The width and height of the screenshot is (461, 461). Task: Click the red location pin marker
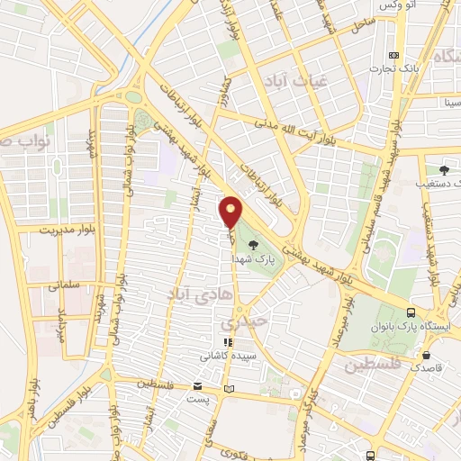[231, 212]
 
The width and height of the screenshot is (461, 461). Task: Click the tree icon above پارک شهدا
[253, 243]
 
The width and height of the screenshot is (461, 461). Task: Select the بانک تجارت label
[395, 68]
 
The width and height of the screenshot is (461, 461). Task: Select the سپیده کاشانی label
[230, 356]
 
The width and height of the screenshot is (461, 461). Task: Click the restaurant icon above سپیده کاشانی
[230, 342]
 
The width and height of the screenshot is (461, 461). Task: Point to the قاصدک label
[426, 367]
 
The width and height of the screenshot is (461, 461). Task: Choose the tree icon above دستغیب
[444, 169]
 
